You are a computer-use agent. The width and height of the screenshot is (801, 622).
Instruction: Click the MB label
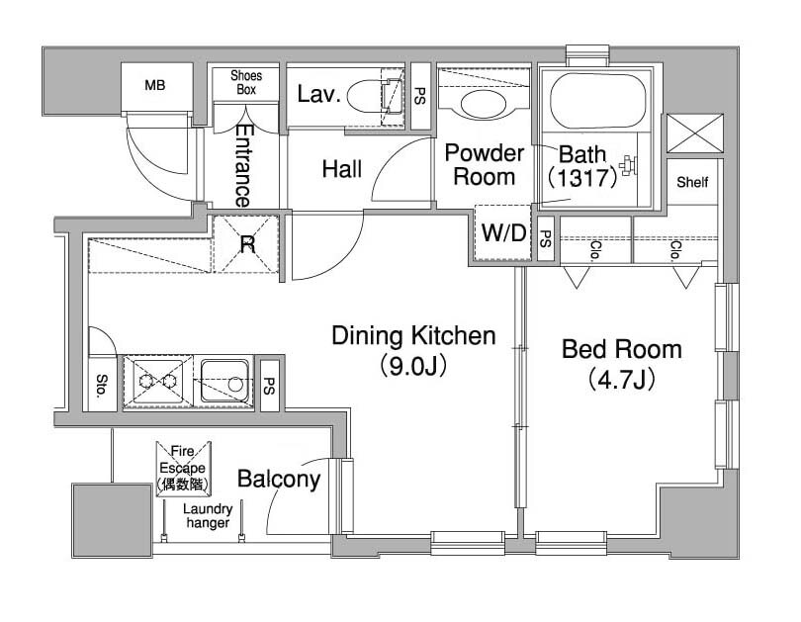coord(155,85)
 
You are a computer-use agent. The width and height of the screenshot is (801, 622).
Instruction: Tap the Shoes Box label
coord(246,82)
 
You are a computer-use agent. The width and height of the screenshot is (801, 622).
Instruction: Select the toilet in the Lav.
coord(375,96)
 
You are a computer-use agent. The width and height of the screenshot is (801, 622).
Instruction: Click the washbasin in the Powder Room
coord(484,104)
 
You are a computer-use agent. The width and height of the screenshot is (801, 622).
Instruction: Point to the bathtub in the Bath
coord(597,101)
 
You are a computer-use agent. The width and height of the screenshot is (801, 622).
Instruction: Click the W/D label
coord(503,233)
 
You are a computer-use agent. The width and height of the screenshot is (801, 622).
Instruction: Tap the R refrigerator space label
coord(247,245)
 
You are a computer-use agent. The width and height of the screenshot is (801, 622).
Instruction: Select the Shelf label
coord(692,182)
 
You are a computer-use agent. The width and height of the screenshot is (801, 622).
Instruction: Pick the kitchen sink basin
coord(225,381)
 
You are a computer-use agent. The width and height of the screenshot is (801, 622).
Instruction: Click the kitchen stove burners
coord(158,381)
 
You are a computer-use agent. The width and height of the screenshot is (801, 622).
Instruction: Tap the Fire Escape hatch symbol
coord(183,469)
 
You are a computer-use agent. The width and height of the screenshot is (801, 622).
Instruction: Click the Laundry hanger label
coord(208,516)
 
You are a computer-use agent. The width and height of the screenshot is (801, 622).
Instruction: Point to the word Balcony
coord(279,480)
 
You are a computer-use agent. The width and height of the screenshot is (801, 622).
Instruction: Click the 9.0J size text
coord(413,366)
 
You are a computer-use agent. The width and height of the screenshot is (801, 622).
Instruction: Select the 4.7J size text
coord(622,380)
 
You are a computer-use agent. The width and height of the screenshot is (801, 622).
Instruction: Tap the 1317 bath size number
coord(582,178)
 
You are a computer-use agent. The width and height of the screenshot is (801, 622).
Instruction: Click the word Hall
coord(342,169)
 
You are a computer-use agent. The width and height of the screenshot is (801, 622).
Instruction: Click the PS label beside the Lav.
coord(419,96)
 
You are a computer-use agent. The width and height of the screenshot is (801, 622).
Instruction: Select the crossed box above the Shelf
coord(695,133)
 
